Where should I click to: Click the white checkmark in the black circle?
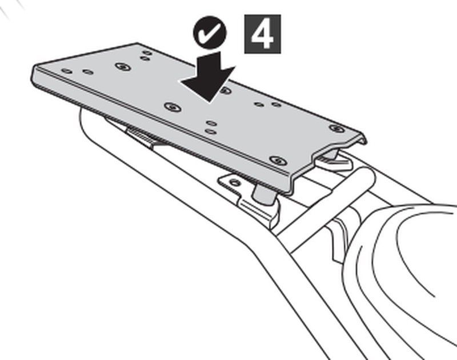click(x=209, y=33)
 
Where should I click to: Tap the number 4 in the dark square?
click(x=262, y=34)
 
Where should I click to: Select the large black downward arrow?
click(x=208, y=77)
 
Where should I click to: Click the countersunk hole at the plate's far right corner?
click(x=336, y=128)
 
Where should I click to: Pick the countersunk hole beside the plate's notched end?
click(x=278, y=161)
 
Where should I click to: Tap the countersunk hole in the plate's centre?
click(x=173, y=107)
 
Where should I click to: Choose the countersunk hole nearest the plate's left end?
click(x=123, y=66)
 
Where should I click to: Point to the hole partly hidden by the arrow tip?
click(x=225, y=90)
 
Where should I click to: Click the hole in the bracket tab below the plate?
click(x=235, y=183)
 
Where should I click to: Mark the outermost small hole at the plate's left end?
click(x=67, y=71)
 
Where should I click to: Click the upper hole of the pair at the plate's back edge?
click(x=147, y=53)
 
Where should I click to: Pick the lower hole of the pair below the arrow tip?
click(x=210, y=131)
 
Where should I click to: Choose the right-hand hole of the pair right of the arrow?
click(x=276, y=104)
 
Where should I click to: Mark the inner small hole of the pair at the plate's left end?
click(x=88, y=71)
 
